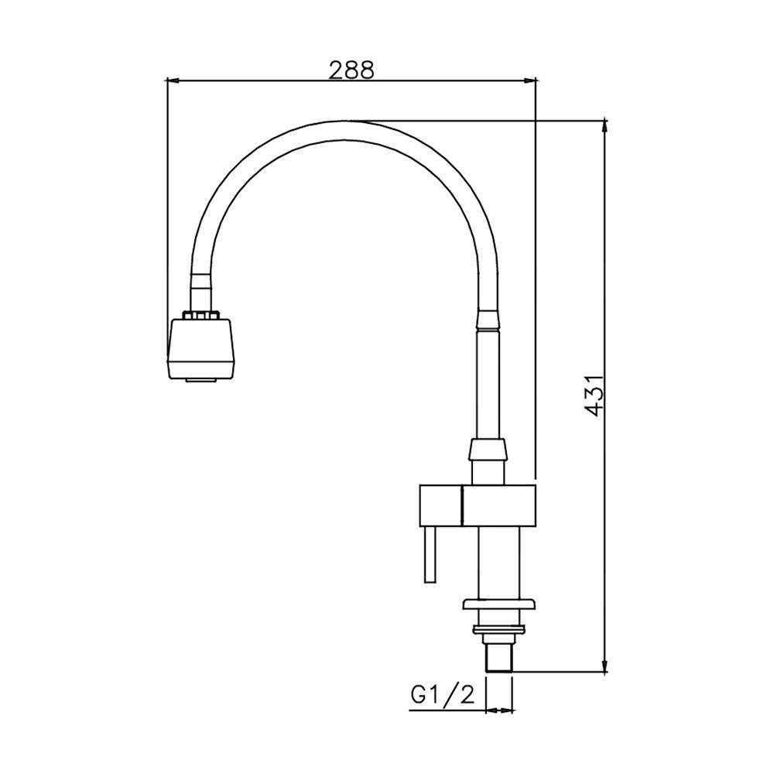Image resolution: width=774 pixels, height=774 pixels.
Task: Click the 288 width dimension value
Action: click(x=351, y=70)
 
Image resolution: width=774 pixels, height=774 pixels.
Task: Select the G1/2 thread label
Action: click(x=443, y=695)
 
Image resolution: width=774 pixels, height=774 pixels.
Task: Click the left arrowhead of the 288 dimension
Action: click(x=173, y=80)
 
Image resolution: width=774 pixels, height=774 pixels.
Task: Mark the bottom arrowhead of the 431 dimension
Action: click(x=604, y=665)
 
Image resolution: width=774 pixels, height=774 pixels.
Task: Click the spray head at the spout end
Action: click(x=201, y=349)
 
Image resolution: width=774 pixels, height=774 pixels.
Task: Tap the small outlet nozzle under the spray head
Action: click(x=201, y=381)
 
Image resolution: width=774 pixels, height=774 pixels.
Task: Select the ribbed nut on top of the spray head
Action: click(x=200, y=315)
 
